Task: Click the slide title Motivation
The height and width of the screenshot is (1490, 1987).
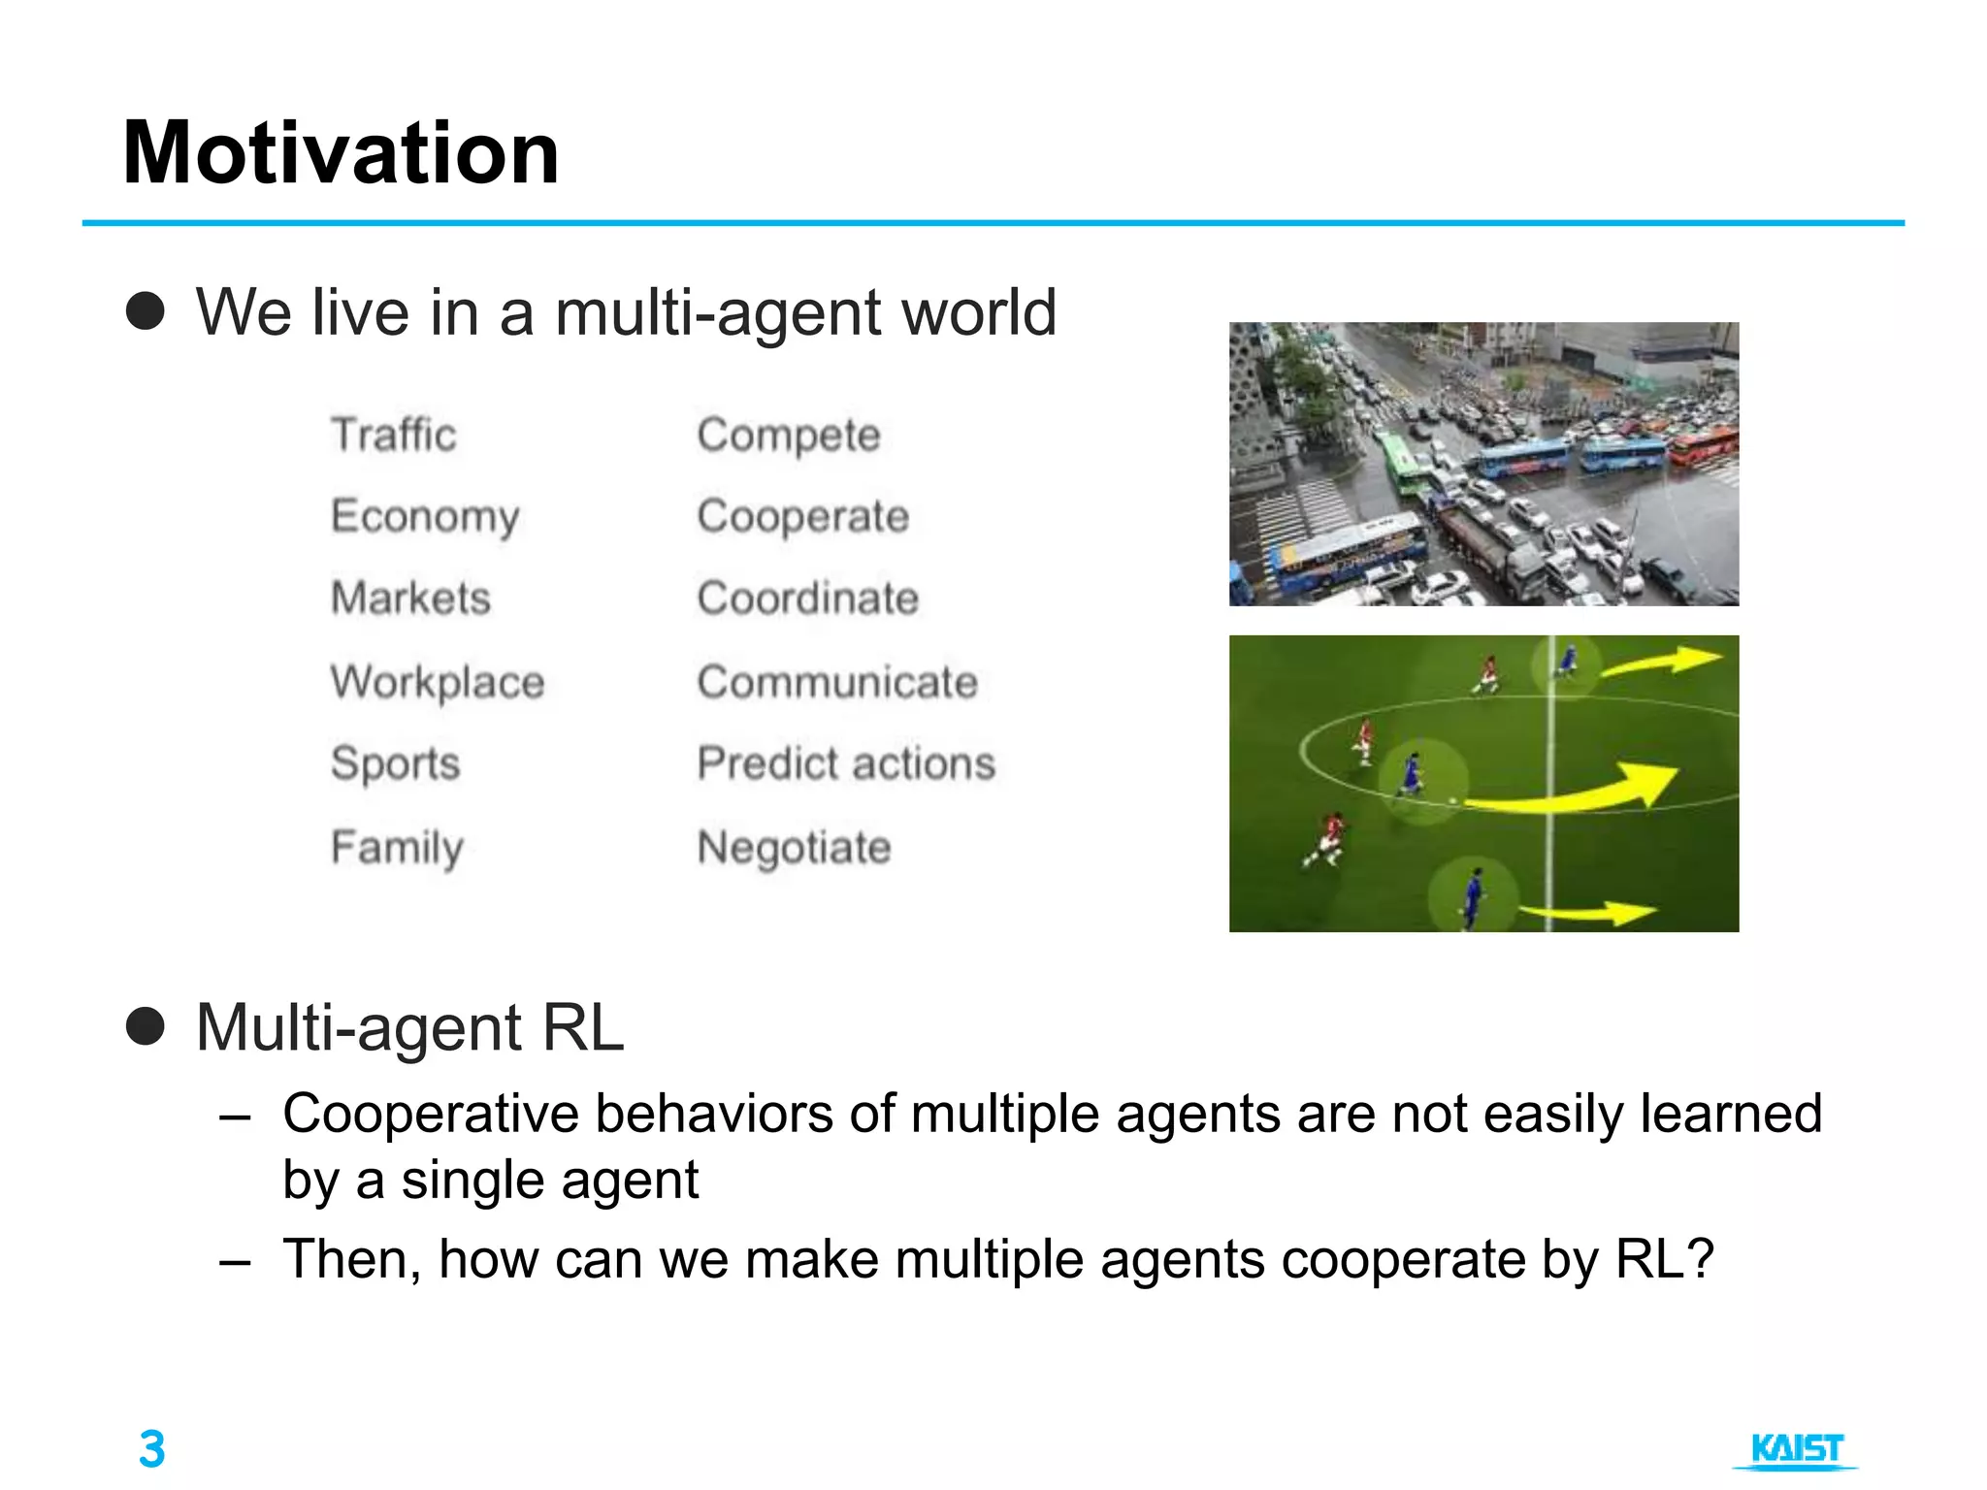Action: pyautogui.click(x=341, y=152)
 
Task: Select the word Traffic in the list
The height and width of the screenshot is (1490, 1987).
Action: pyautogui.click(x=393, y=435)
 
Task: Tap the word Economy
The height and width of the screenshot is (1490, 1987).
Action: pyautogui.click(x=425, y=516)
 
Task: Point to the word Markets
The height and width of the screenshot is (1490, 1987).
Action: pyautogui.click(x=410, y=598)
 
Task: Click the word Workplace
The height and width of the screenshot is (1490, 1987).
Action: pyautogui.click(x=437, y=682)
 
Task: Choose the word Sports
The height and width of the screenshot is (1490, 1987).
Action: pyautogui.click(x=395, y=763)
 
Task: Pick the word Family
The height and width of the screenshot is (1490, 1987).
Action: pyautogui.click(x=397, y=848)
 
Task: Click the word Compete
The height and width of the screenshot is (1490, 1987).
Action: pyautogui.click(x=788, y=435)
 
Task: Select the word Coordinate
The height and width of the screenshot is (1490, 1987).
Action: pyautogui.click(x=807, y=598)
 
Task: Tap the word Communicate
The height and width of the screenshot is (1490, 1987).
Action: pyautogui.click(x=836, y=682)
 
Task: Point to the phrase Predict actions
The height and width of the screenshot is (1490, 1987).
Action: pyautogui.click(x=846, y=763)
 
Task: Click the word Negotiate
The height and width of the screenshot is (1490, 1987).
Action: pyautogui.click(x=794, y=848)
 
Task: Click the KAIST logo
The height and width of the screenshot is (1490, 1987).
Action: pyautogui.click(x=1796, y=1449)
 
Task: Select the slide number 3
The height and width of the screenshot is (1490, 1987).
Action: pyautogui.click(x=152, y=1449)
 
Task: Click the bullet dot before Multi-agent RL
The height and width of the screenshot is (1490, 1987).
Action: pyautogui.click(x=146, y=1026)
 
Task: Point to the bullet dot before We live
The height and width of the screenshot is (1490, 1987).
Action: pyautogui.click(x=146, y=311)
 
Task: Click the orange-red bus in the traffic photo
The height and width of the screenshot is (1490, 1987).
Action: pyautogui.click(x=1703, y=445)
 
